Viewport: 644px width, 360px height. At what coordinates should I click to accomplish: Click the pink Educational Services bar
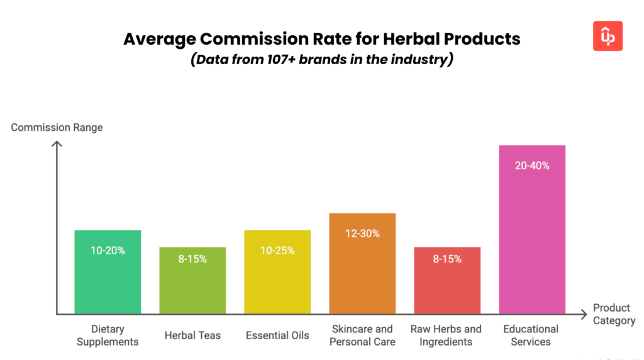click(532, 239)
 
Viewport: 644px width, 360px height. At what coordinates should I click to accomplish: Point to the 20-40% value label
click(532, 166)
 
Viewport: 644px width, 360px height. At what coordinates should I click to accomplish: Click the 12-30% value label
click(362, 233)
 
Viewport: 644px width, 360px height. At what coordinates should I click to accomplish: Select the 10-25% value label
click(277, 250)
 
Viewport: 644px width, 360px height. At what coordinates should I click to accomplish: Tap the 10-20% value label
click(108, 250)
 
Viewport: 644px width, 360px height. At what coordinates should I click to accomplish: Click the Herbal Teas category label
click(192, 335)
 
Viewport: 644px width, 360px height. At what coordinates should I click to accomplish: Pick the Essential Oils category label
click(277, 335)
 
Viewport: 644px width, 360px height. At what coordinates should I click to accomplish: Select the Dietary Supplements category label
click(108, 335)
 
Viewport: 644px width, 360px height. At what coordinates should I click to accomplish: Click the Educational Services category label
click(531, 335)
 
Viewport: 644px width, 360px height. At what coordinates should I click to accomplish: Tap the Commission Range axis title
click(57, 128)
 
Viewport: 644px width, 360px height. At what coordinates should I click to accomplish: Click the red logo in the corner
click(608, 36)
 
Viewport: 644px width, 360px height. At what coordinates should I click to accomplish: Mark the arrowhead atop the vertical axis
click(57, 145)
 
